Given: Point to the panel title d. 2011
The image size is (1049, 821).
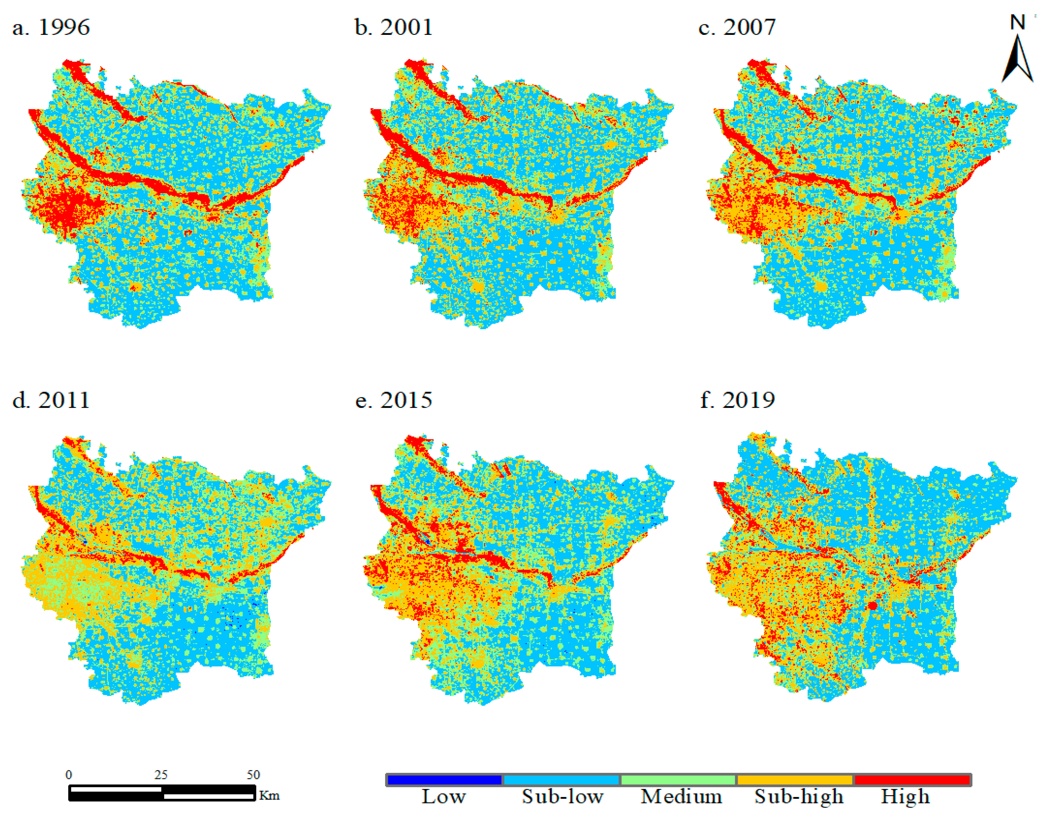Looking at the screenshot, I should pyautogui.click(x=51, y=400).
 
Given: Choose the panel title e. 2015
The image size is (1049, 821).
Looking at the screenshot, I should pyautogui.click(x=394, y=400).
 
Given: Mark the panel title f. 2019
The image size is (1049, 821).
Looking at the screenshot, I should pyautogui.click(x=737, y=400).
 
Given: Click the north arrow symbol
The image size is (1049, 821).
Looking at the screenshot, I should pyautogui.click(x=1017, y=60).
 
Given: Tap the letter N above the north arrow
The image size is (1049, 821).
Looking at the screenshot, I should pyautogui.click(x=1018, y=22).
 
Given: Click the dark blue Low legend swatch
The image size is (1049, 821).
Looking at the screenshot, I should pyautogui.click(x=444, y=780).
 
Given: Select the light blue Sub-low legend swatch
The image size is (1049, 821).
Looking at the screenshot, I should pyautogui.click(x=561, y=780).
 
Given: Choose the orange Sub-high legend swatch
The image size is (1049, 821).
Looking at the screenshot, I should pyautogui.click(x=795, y=780).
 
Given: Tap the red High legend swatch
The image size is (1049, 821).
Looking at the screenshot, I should pyautogui.click(x=912, y=780).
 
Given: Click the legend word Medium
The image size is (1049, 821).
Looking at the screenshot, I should pyautogui.click(x=681, y=797).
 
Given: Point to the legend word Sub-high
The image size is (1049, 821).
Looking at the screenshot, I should pyautogui.click(x=799, y=797).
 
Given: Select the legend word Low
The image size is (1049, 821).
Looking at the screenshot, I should pyautogui.click(x=443, y=797).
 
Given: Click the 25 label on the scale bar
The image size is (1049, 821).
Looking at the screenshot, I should pyautogui.click(x=161, y=774).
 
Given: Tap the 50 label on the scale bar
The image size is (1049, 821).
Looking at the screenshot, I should pyautogui.click(x=253, y=774).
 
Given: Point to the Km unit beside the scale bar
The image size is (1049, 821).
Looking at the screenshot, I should pyautogui.click(x=269, y=795).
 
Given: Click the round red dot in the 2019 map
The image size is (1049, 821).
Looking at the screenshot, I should pyautogui.click(x=873, y=606).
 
